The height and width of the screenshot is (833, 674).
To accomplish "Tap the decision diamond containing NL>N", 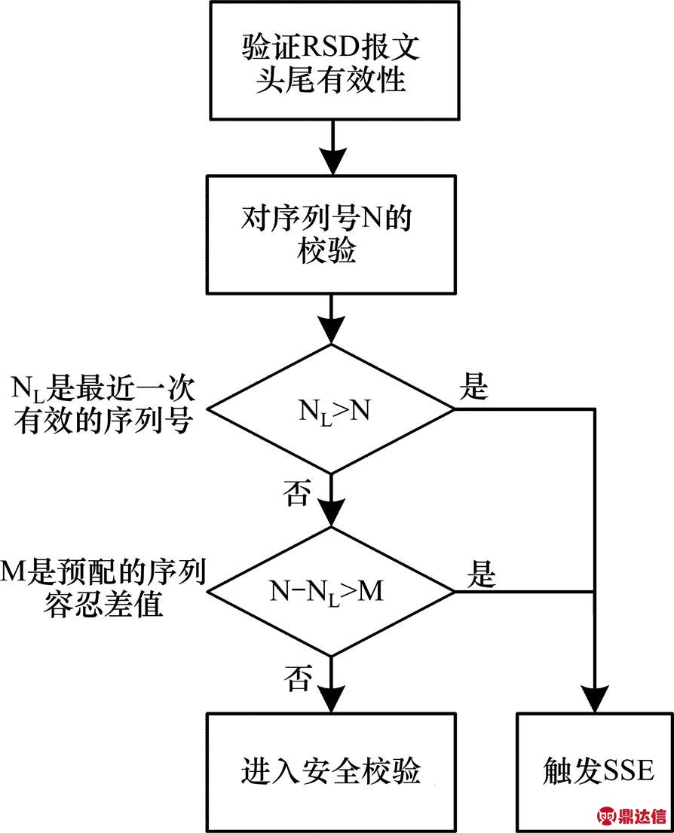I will coord(331,409).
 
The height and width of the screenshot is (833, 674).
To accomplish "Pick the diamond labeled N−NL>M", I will coord(331,591).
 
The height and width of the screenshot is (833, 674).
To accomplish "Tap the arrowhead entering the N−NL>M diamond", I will coord(331,515).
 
